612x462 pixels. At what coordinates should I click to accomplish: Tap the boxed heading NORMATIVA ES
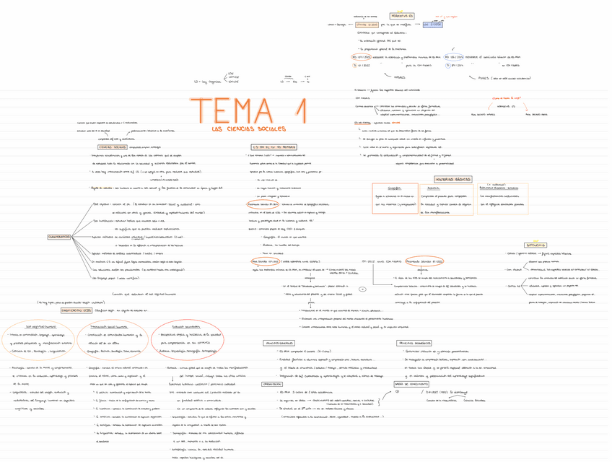tap(402, 15)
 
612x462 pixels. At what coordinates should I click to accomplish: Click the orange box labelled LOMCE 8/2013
tap(367, 25)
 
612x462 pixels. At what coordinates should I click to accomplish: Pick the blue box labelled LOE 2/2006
tap(432, 25)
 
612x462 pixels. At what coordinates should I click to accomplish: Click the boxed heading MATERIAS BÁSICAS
tap(453, 179)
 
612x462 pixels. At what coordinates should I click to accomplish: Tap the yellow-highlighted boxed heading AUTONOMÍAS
tap(535, 245)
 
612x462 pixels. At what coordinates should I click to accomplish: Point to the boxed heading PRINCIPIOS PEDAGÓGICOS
tap(414, 343)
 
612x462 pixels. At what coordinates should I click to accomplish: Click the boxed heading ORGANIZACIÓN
tap(272, 384)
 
